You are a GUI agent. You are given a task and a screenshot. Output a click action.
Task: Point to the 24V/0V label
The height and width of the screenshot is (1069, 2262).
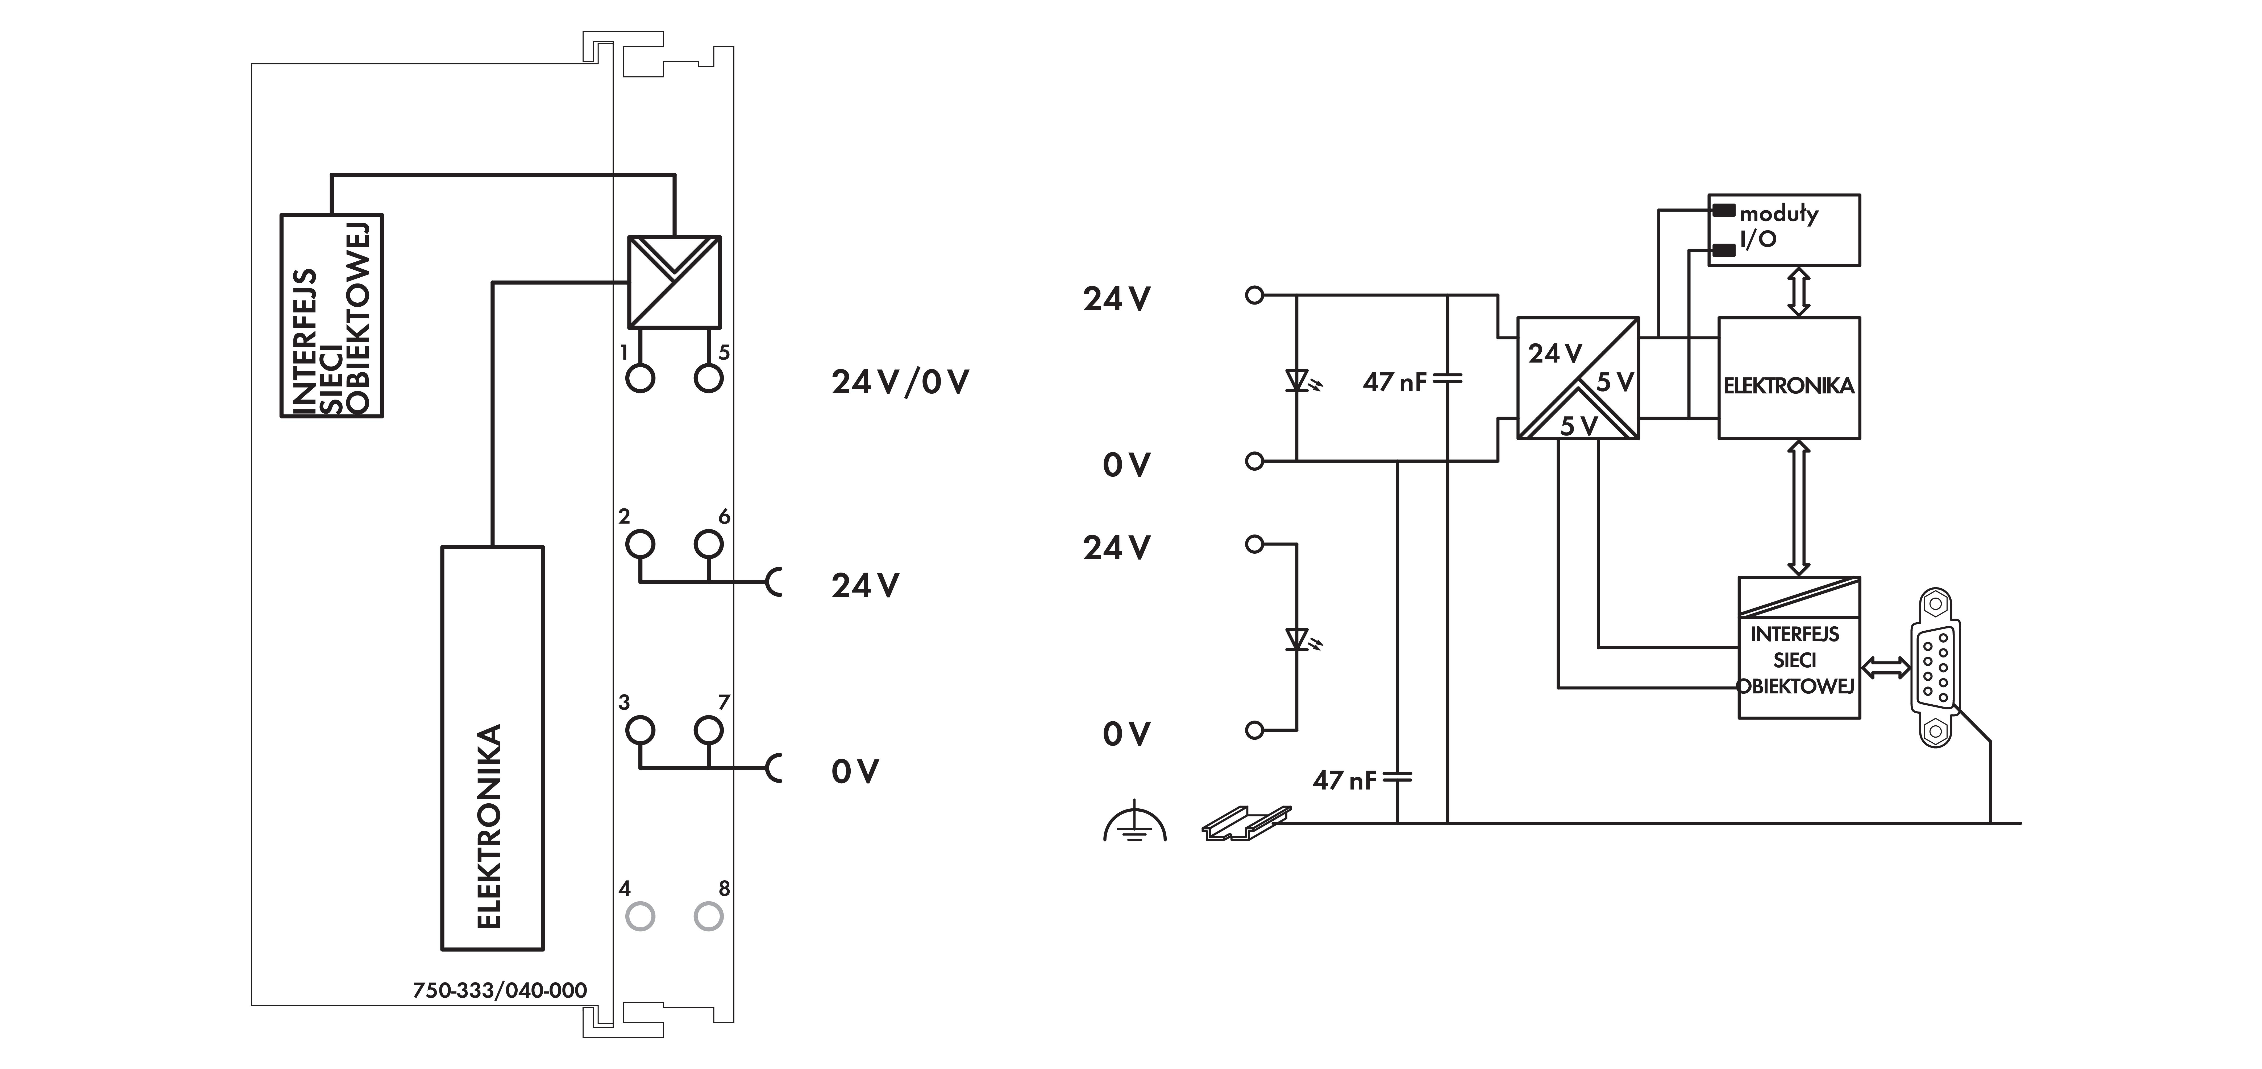pos(900,382)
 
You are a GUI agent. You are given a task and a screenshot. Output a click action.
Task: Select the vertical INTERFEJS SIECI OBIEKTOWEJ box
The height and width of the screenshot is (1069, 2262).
pos(332,315)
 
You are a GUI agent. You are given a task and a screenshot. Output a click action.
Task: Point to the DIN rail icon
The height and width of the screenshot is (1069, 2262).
pos(1246,823)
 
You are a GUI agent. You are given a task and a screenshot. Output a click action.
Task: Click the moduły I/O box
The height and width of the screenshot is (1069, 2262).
pos(1783,229)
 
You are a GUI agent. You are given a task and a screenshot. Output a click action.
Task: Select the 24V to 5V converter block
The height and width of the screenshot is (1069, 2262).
pos(1578,378)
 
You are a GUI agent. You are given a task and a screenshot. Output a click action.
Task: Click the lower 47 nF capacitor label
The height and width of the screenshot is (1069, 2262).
pos(1344,780)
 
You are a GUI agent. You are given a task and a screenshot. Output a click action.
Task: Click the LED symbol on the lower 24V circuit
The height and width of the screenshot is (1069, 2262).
pos(1301,639)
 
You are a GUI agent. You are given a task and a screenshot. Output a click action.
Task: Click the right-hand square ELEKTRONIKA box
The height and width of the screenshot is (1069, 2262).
pos(1789,378)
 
